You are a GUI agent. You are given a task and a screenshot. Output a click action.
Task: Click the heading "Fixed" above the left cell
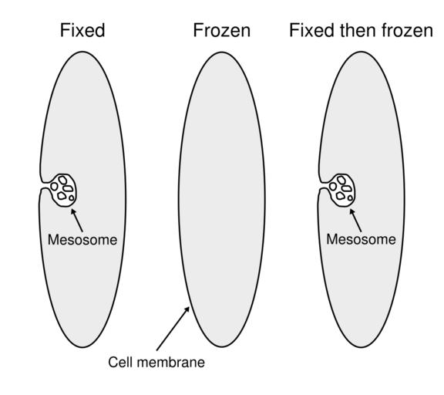[x=82, y=30]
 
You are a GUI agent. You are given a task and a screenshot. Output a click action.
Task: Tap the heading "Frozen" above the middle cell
[x=222, y=31]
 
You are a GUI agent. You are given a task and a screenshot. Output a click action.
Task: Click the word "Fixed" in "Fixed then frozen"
[x=311, y=30]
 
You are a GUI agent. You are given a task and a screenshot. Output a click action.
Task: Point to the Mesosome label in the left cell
[x=82, y=240]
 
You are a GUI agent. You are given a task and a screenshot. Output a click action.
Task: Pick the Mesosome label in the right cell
[x=361, y=239]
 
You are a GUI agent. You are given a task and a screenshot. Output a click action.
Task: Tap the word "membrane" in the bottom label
[x=170, y=362]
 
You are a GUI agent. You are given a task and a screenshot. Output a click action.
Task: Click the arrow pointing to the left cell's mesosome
[x=77, y=220]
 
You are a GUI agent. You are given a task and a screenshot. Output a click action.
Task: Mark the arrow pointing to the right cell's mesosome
[x=355, y=220]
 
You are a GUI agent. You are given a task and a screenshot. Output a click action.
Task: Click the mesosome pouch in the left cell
[x=63, y=190]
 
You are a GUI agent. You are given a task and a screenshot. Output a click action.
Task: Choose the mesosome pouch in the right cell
[x=342, y=190]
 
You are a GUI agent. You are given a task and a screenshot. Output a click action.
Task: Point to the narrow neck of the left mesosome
[x=45, y=185]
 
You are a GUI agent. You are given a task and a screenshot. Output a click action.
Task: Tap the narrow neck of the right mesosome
[x=324, y=185]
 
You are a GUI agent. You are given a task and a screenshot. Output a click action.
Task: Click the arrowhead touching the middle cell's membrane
[x=187, y=309]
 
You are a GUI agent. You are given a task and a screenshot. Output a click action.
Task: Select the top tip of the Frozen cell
[x=222, y=52]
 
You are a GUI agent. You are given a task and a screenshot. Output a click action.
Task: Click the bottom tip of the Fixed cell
[x=83, y=347]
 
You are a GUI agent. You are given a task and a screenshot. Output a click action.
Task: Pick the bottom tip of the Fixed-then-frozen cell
[x=362, y=347]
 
